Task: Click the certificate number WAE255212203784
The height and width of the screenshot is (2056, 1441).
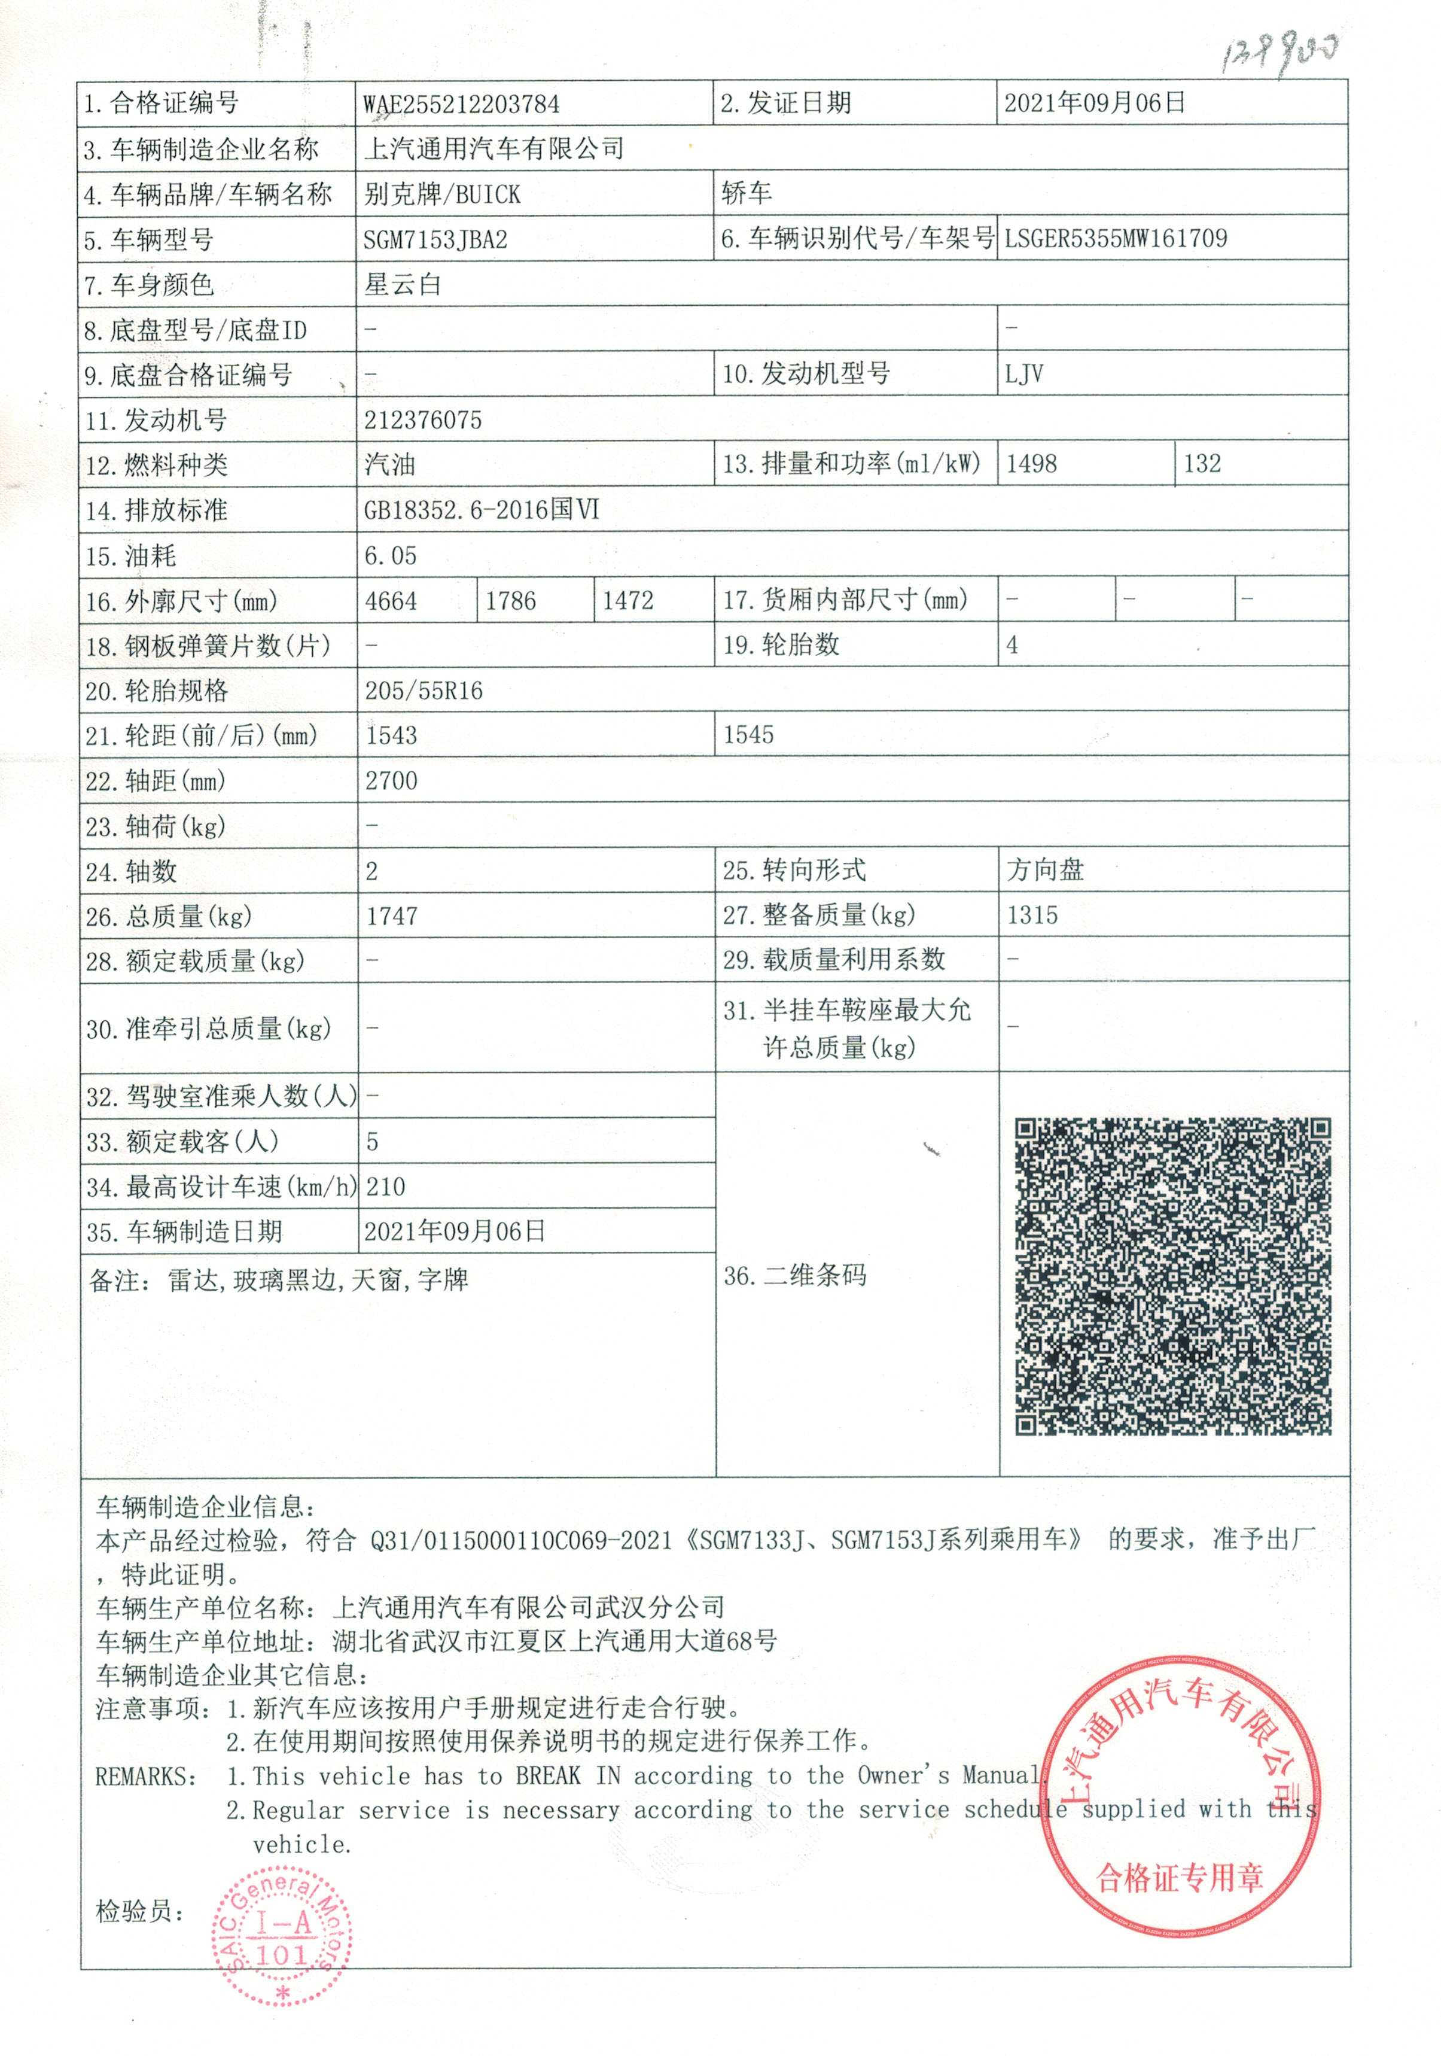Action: (461, 104)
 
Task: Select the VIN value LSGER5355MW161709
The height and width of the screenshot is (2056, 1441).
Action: (1115, 238)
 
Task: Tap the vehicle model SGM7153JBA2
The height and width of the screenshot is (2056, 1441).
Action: (435, 240)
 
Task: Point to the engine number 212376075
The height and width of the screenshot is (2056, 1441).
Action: (422, 420)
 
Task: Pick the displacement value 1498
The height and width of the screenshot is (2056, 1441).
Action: (1031, 464)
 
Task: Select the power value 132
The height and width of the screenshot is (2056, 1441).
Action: (1202, 464)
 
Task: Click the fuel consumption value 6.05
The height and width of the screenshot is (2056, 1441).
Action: (390, 556)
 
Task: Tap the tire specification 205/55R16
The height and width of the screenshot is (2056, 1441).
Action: (424, 691)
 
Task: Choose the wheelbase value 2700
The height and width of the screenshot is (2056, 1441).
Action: (391, 781)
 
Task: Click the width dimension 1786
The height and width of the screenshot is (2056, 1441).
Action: (510, 601)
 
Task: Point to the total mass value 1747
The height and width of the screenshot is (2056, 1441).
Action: (392, 916)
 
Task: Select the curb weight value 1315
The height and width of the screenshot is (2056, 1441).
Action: (1032, 915)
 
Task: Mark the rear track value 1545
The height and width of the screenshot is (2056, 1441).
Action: (748, 735)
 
